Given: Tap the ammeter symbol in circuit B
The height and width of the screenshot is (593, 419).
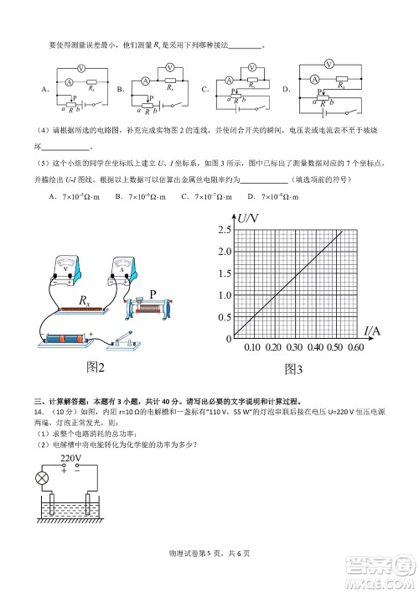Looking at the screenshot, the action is (145, 81).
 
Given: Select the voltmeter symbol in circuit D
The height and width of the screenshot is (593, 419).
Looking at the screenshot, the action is (329, 62).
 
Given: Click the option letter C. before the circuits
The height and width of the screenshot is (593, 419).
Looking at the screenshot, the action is (205, 88).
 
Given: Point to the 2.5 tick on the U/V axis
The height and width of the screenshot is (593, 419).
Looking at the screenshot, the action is (225, 229).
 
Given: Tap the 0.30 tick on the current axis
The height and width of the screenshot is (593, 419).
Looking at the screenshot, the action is (293, 347).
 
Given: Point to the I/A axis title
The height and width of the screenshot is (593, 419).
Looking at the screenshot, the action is (373, 331).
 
